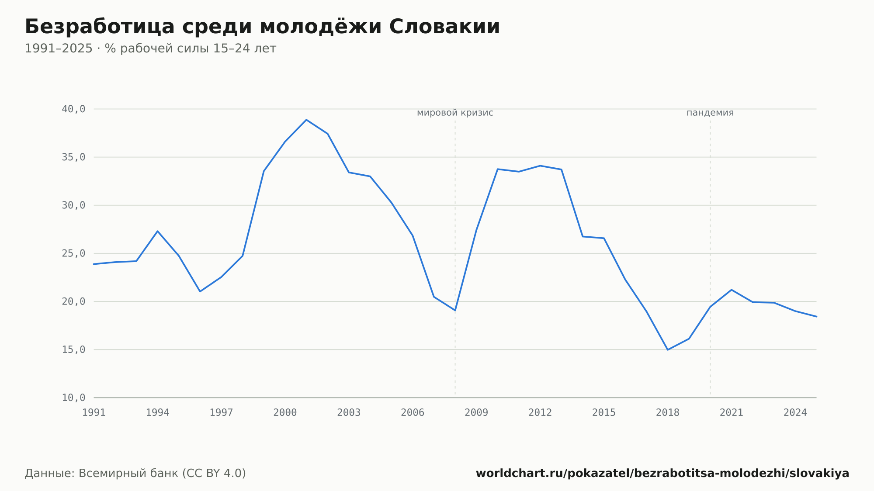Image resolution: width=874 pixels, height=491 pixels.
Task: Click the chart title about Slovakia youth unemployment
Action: coord(262,27)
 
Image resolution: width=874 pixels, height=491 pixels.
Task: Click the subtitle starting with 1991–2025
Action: coord(150,48)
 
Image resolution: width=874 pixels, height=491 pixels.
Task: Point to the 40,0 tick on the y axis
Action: coord(73,109)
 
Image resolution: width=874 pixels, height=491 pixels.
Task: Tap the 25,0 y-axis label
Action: coord(73,253)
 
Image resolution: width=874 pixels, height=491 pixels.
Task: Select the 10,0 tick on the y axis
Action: coord(73,398)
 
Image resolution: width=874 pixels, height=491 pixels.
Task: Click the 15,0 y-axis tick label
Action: coord(73,349)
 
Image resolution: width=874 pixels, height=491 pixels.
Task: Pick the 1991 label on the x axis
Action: coord(94,412)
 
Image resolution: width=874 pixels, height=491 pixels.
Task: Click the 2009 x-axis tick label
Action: coord(476,412)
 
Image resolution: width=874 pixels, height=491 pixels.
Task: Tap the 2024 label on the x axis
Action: coord(795,412)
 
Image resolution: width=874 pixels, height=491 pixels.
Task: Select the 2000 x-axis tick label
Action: coord(285,412)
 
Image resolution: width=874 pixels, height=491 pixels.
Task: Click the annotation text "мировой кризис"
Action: coord(455,113)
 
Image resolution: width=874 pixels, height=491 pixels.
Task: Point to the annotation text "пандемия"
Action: coord(710,113)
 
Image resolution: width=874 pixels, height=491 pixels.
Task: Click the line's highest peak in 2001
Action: coord(306,120)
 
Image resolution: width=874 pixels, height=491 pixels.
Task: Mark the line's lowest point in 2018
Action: coord(668,349)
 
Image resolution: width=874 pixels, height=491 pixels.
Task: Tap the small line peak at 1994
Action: coord(157,231)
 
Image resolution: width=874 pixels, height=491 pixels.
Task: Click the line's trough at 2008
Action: coord(455,310)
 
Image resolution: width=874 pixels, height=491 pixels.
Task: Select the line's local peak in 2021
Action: coord(732,290)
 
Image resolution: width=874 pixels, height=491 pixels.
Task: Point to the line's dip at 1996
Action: coord(200,291)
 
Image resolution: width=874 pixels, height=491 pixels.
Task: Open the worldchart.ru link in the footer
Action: coord(662,474)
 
